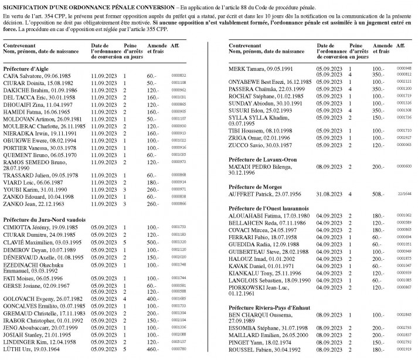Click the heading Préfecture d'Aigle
27,68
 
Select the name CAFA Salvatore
21,76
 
